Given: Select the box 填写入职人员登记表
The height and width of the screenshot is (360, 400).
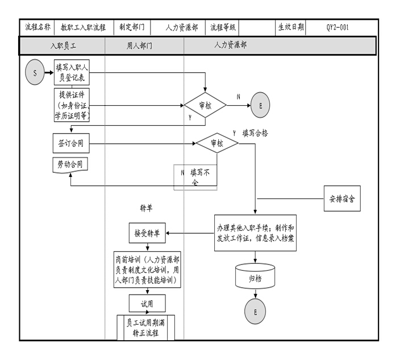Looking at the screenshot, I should [71, 73].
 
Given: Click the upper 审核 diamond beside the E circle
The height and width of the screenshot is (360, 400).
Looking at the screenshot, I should [205, 105].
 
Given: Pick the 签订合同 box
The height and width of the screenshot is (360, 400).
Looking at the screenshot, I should [71, 144].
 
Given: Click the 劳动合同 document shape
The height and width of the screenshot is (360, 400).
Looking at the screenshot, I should [71, 164].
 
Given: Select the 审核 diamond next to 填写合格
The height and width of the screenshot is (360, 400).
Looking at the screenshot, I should [217, 144].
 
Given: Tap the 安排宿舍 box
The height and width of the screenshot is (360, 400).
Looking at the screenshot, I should [342, 199].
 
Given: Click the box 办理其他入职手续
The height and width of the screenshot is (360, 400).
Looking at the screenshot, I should [255, 233].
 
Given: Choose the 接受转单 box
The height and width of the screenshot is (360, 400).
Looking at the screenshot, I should [147, 233].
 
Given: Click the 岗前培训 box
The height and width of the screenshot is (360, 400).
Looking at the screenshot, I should [147, 271].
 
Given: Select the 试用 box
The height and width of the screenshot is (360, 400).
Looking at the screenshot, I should [147, 304].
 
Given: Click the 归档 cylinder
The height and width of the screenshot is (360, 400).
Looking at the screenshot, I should [255, 278].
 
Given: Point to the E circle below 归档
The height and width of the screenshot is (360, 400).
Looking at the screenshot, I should [255, 312].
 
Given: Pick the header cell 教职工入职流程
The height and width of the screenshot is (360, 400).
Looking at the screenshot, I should [83, 27].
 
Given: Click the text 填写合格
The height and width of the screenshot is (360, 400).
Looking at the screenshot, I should [255, 133].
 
